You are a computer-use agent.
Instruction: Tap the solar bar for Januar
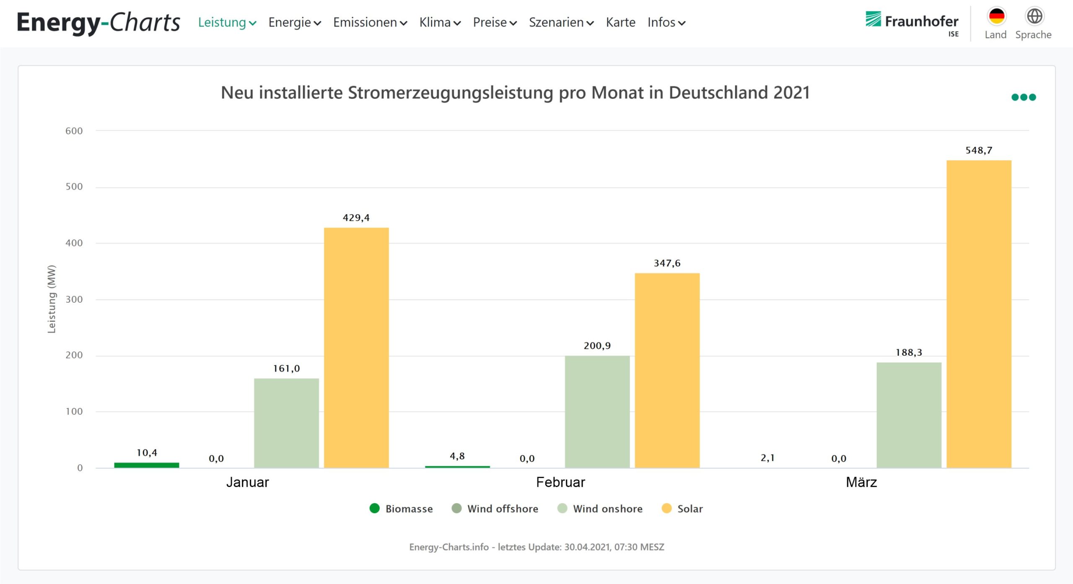click(356, 348)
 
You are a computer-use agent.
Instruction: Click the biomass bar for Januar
click(146, 465)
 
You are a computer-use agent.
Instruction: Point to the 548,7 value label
click(979, 151)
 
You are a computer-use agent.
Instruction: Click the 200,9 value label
click(597, 346)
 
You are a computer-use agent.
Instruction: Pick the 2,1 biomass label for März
click(767, 458)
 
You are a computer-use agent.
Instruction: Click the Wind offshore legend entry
click(495, 509)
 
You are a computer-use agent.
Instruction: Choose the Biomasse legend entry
click(401, 509)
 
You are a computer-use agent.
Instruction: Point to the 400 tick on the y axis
click(74, 243)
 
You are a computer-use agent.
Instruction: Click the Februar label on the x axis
click(560, 483)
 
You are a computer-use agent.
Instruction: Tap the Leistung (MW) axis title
click(52, 299)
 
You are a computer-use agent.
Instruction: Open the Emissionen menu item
click(370, 22)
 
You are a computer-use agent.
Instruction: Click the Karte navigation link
click(620, 22)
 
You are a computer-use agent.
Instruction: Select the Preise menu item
click(495, 22)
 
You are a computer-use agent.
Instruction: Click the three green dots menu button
click(1023, 97)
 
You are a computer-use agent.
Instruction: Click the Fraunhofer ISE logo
click(912, 23)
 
